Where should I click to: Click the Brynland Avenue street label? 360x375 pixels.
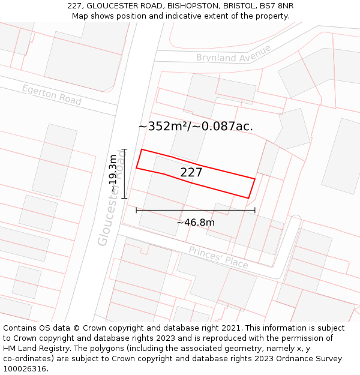pos(233,53)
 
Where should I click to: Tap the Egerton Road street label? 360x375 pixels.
pos(52,95)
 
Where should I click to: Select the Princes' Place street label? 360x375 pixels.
pos(218,257)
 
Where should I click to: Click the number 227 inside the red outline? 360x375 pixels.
pos(191,172)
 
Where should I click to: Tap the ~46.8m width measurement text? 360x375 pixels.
pos(196,223)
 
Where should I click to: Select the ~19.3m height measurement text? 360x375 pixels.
pos(113,173)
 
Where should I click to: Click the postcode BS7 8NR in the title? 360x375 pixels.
pos(277,6)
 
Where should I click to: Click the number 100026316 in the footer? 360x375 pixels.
pos(25,368)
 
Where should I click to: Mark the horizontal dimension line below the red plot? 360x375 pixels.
pos(196,210)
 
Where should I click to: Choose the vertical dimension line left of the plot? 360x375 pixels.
pos(124,173)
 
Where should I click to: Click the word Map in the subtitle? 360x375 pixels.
pos(80,16)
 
